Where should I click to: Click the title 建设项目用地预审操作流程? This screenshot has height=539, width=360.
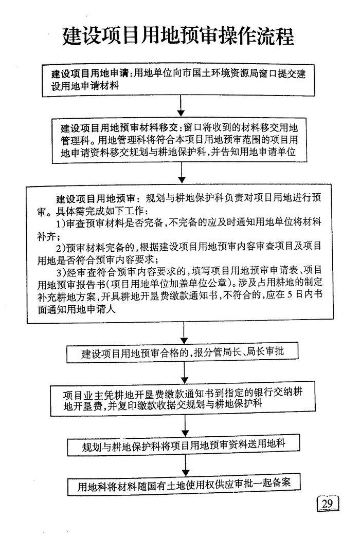[178, 36]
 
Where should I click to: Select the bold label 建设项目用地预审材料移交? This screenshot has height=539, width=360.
[119, 128]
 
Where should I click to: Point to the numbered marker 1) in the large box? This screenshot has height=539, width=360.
[61, 224]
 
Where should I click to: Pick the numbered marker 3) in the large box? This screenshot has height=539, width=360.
[61, 272]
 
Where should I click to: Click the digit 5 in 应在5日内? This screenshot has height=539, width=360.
[290, 294]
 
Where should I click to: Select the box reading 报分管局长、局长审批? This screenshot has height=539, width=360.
[182, 352]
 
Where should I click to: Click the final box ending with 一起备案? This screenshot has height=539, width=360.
[184, 484]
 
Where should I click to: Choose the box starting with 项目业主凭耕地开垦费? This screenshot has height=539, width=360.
[183, 398]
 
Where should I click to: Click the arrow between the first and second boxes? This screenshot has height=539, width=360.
[181, 106]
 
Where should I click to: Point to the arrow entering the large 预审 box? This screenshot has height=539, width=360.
[182, 173]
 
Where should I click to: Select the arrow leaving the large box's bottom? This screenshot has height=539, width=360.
[184, 333]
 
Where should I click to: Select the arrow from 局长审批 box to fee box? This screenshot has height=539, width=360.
[185, 373]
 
